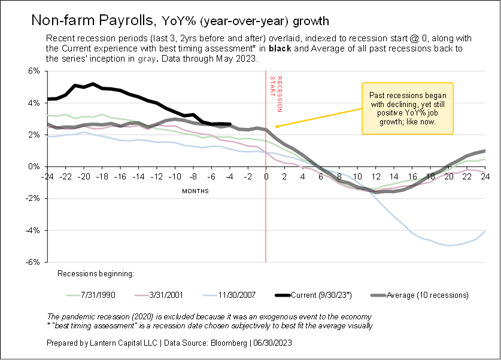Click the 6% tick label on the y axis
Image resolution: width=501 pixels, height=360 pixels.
pos(34,71)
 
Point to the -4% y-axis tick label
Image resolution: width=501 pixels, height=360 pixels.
pos(32,230)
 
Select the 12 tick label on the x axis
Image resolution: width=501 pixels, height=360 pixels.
pos(375,176)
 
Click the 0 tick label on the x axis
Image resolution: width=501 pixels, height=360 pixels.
pos(266,176)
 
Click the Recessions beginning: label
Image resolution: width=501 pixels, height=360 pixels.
pos(96,274)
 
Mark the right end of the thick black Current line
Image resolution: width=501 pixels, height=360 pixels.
pos(230,124)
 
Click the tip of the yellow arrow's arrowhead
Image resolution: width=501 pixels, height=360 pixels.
pos(274,127)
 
